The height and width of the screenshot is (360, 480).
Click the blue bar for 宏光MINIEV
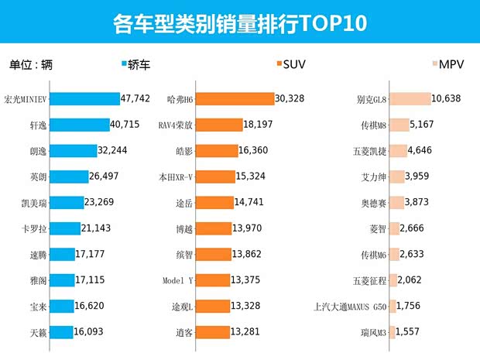point(86,99)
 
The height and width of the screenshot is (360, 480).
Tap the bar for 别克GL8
point(410,99)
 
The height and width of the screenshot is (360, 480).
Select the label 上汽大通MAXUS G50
point(348,306)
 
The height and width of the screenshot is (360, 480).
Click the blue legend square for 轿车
point(125,64)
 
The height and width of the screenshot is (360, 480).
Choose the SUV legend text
point(297,64)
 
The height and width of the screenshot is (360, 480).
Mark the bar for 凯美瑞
point(68,203)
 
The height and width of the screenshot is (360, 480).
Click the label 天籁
point(37,332)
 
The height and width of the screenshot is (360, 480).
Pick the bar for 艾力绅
point(396,177)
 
